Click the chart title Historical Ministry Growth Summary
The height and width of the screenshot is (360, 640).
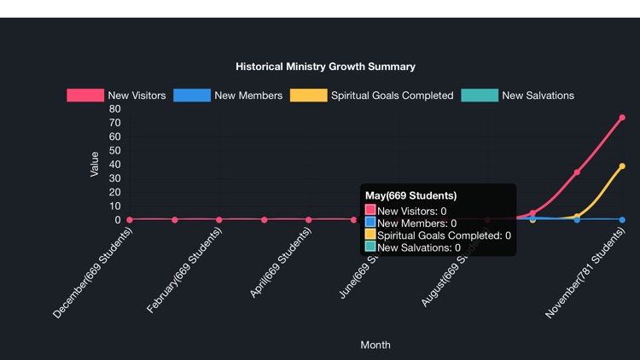click(x=325, y=67)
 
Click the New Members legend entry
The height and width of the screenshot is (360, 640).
click(x=228, y=96)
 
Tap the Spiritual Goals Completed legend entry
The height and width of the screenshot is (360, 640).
click(x=372, y=96)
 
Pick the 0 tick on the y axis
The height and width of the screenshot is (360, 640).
click(x=118, y=220)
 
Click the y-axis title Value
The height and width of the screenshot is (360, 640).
click(x=95, y=165)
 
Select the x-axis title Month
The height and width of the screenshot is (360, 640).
click(x=375, y=345)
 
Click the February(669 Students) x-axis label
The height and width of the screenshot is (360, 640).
click(x=184, y=270)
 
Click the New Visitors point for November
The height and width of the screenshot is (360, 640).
click(x=622, y=118)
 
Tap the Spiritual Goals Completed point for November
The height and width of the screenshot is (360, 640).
click(x=622, y=166)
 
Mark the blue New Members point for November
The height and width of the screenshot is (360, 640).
click(x=622, y=220)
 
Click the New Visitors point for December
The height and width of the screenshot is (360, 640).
click(x=130, y=220)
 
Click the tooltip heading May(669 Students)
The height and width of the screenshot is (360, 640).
click(x=410, y=196)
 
